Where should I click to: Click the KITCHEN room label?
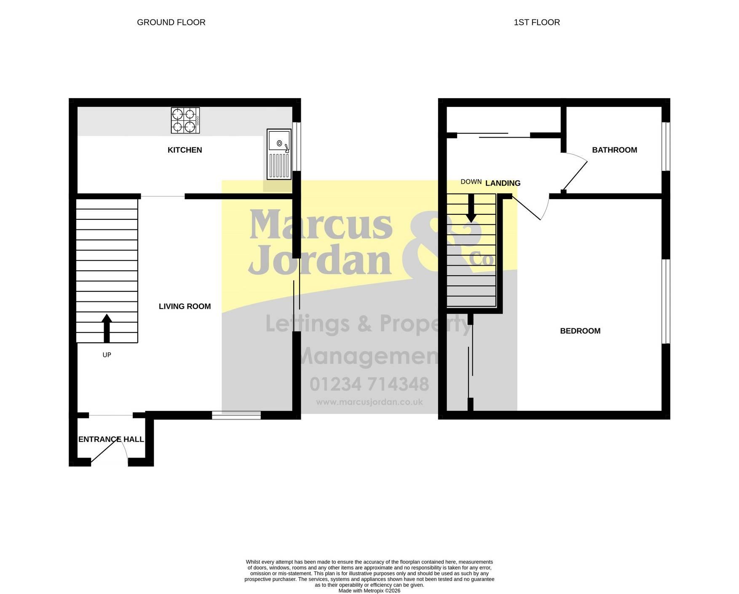[x=185, y=150]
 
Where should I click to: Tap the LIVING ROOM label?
[x=185, y=306]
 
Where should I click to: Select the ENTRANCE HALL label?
[x=111, y=440]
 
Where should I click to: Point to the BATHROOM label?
[x=614, y=150]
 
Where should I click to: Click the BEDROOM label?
[x=580, y=331]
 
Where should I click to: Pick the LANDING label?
[x=503, y=183]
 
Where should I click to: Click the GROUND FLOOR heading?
[x=171, y=22]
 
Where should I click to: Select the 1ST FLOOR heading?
[x=537, y=22]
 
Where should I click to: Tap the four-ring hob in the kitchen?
[x=185, y=120]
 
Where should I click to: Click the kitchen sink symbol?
[x=279, y=154]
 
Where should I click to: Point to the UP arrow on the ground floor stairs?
[x=107, y=328]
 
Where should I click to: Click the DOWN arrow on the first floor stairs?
[x=471, y=208]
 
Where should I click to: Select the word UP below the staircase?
[x=107, y=355]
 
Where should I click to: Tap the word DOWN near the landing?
[x=471, y=182]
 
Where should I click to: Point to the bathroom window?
[x=666, y=147]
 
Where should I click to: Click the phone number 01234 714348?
[x=369, y=384]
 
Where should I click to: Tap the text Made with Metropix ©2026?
[x=369, y=591]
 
